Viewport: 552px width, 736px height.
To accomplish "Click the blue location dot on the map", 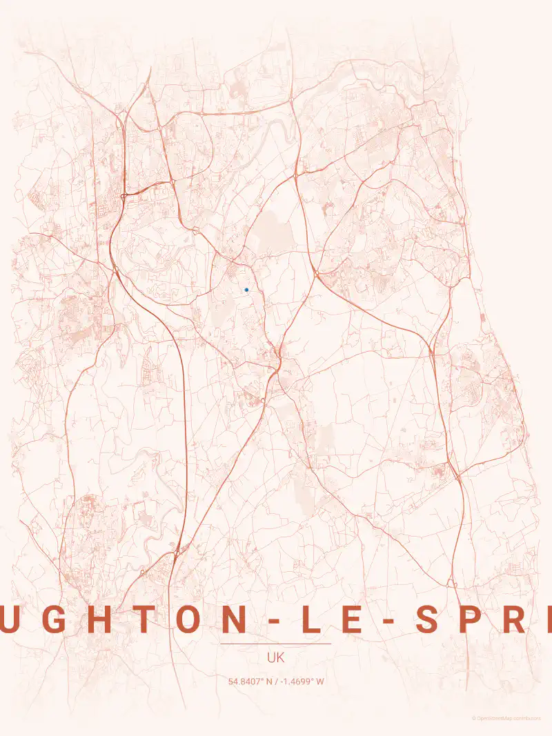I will coord(246,290).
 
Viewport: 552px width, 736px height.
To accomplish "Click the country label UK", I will coord(275,658).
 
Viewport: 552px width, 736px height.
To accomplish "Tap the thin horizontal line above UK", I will coord(275,644).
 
